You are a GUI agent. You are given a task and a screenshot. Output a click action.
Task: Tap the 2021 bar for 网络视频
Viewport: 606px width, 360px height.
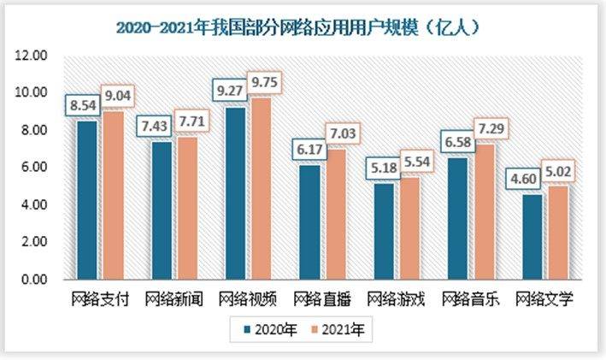261,189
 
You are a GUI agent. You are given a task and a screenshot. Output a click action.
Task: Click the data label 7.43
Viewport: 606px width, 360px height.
161,126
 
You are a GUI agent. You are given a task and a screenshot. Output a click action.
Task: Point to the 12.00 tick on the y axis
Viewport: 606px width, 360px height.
32,56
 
